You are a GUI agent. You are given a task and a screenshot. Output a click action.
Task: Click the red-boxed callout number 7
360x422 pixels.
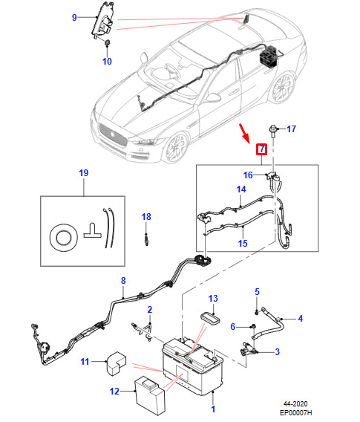[x=261, y=149]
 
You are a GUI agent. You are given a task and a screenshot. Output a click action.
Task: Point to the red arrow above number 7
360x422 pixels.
[x=244, y=133]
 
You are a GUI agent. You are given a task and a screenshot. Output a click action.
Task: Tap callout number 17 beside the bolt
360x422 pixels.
[x=291, y=129]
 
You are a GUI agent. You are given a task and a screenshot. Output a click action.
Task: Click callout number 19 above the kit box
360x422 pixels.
[x=84, y=173]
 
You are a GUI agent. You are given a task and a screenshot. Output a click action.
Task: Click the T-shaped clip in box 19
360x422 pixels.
[x=93, y=230]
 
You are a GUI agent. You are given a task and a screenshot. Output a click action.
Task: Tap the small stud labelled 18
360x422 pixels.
[x=146, y=239]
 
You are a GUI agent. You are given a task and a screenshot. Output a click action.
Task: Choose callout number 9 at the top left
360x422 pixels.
[x=74, y=18]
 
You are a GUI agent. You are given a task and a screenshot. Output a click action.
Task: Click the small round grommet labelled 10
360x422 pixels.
[x=108, y=43]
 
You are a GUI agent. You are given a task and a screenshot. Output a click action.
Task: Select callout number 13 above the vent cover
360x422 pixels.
[x=213, y=298]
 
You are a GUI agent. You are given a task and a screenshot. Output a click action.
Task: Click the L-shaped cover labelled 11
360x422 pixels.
[x=117, y=363]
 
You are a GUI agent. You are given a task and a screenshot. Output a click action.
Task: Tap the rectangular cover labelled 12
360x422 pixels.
[x=150, y=395]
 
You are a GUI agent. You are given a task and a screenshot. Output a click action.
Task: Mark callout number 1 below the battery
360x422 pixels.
[x=213, y=409]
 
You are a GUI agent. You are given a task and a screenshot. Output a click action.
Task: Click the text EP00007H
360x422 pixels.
[x=295, y=413]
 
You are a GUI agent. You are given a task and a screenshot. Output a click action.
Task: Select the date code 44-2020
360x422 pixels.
[x=295, y=404]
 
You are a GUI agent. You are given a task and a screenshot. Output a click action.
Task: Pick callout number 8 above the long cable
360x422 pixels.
[x=123, y=281]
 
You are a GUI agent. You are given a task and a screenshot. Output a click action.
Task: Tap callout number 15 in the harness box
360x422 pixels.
[x=243, y=243]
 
